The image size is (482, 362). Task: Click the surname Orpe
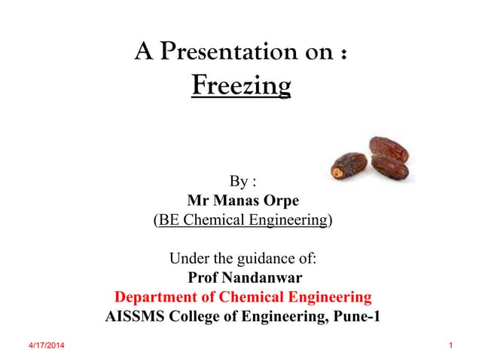[279, 201]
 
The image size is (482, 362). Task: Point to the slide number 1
[450, 345]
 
